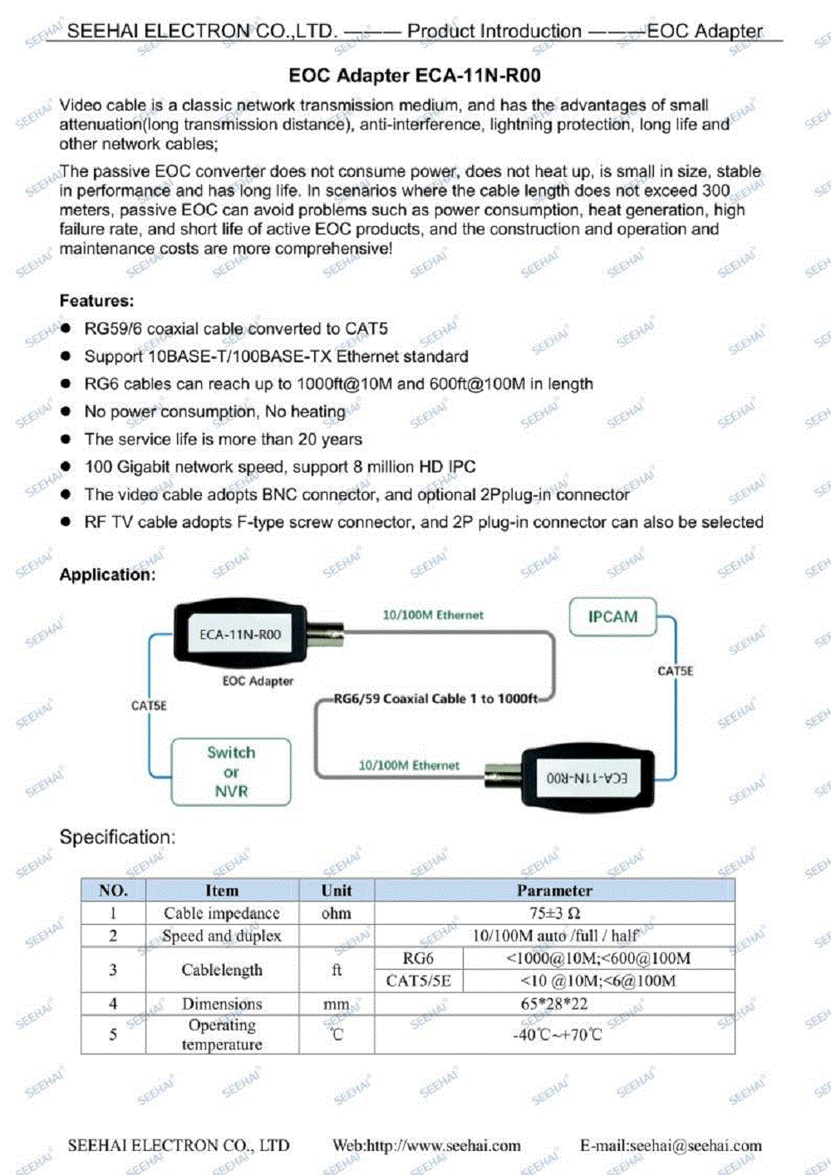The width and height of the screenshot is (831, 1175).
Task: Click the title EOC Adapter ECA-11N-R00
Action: tap(415, 76)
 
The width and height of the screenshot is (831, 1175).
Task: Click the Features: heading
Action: tap(96, 301)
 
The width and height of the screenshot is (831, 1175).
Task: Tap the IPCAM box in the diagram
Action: tap(612, 617)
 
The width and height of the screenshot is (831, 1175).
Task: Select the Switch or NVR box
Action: tap(231, 772)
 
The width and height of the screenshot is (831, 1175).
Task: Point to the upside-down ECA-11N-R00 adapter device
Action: tap(587, 777)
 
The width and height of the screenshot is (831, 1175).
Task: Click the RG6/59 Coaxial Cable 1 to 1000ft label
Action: tap(435, 699)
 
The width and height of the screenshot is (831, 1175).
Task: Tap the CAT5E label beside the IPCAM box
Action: tap(675, 671)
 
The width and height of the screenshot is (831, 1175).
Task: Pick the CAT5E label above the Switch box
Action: tap(149, 705)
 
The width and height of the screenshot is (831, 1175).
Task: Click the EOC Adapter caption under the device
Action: tap(258, 681)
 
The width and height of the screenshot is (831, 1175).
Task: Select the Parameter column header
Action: tap(554, 891)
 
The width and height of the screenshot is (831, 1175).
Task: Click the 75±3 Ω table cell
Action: tap(554, 913)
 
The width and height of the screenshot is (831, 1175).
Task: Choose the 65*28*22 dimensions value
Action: tap(554, 1004)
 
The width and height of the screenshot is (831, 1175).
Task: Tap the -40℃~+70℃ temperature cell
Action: tap(554, 1035)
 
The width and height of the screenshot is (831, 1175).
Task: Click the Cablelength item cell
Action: tap(222, 970)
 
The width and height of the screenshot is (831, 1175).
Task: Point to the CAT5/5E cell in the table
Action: tap(418, 981)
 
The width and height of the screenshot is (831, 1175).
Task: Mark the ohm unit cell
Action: tap(337, 913)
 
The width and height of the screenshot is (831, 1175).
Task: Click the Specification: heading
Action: tap(117, 837)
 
